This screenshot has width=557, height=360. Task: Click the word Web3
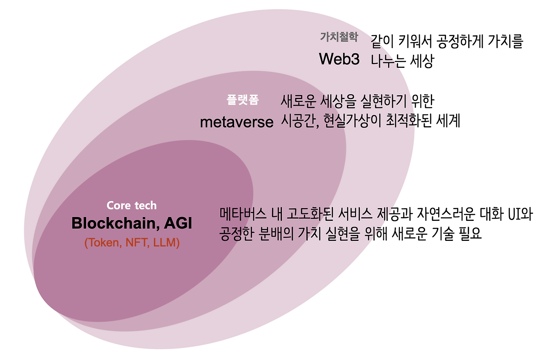point(339,59)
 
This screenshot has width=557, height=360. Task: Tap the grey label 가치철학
point(339,37)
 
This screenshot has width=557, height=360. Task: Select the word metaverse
point(237,122)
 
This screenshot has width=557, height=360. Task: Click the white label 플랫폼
point(242,100)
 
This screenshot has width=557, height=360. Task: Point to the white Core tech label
point(131,206)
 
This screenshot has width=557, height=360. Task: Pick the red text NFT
point(136,243)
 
